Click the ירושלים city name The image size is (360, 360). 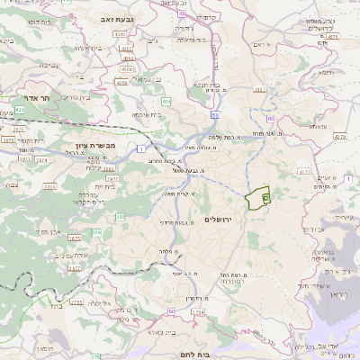click(x=219, y=220)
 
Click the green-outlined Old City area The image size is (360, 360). click(x=258, y=199)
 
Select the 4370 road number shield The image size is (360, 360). click(x=338, y=136)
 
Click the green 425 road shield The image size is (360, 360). click(x=19, y=110)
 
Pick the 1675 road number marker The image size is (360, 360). click(x=74, y=238)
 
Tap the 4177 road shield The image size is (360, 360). click(x=304, y=169)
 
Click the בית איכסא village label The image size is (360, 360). click(x=147, y=115)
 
